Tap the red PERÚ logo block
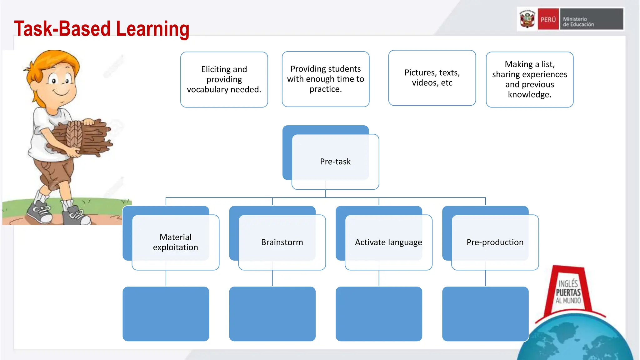click(x=548, y=19)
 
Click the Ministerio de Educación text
click(x=578, y=22)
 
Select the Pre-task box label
click(x=335, y=162)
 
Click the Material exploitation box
click(x=175, y=242)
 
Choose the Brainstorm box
click(x=282, y=242)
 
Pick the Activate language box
click(x=388, y=242)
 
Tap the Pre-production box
click(x=495, y=242)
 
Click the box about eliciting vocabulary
click(x=224, y=79)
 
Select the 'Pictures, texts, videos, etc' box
click(x=432, y=78)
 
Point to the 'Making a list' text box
click(x=530, y=79)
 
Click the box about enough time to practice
click(x=326, y=79)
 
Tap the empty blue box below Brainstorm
click(x=272, y=314)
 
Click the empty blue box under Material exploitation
click(x=166, y=314)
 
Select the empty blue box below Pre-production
click(x=485, y=314)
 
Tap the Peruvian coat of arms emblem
click(x=527, y=19)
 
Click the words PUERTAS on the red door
click(x=568, y=292)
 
